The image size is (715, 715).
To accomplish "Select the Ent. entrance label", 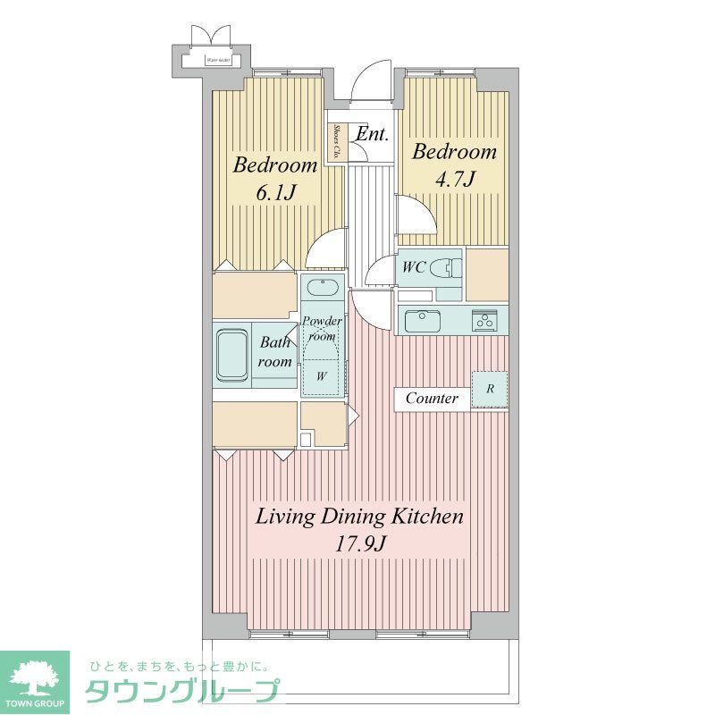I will coord(372,135).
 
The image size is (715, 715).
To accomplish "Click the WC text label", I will coord(413,266).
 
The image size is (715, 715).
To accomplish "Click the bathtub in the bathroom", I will coord(232,353).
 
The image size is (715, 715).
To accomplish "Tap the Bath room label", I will coord(275,352).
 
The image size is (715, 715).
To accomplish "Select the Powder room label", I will coord(322,328).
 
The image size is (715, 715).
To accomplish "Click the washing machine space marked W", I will coord(321,376).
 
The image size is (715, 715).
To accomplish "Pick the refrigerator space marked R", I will coord(490,389).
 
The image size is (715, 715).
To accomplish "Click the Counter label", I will coord(432,399).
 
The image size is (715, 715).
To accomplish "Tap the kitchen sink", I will coord(424,320).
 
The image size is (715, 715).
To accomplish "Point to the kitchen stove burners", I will coord(485,319).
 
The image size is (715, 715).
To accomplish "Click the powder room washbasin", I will coord(321,289).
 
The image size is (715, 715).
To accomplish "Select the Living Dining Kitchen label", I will coord(359,517).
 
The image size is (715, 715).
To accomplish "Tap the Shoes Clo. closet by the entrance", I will coord(337,142).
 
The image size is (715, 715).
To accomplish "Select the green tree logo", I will coord(34,676).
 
